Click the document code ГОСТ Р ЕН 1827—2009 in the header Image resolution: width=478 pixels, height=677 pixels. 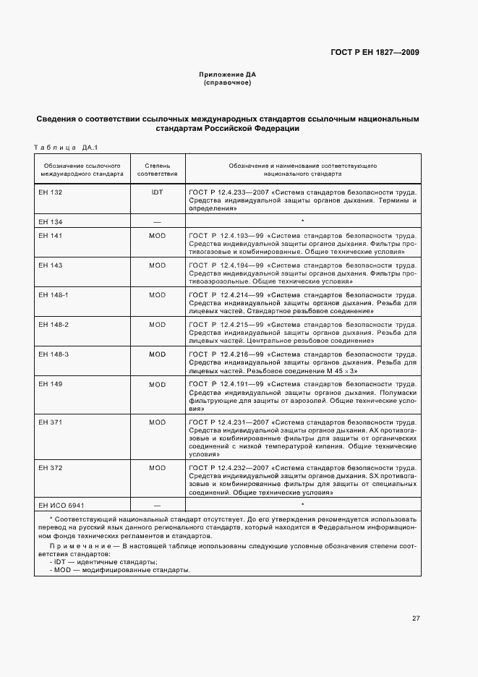click(376, 53)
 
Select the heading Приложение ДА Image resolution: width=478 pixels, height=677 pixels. click(228, 74)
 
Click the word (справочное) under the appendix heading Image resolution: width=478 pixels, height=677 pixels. click(228, 82)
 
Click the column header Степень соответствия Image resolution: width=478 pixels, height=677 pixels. click(158, 170)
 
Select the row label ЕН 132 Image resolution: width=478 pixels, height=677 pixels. click(51, 192)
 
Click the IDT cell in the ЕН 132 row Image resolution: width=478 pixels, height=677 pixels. click(157, 192)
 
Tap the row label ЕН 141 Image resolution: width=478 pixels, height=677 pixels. click(51, 236)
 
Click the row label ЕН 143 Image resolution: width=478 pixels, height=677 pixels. click(51, 265)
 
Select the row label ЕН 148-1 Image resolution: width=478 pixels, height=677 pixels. click(54, 295)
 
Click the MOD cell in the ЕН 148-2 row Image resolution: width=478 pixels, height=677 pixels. click(157, 325)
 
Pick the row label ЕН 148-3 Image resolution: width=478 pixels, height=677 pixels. click(54, 354)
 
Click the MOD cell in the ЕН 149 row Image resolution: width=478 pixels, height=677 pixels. click(157, 384)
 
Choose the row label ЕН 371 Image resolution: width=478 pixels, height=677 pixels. click(51, 422)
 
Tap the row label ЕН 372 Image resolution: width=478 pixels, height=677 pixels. click(51, 468)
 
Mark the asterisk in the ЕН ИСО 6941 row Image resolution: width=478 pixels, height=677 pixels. click(302, 504)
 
